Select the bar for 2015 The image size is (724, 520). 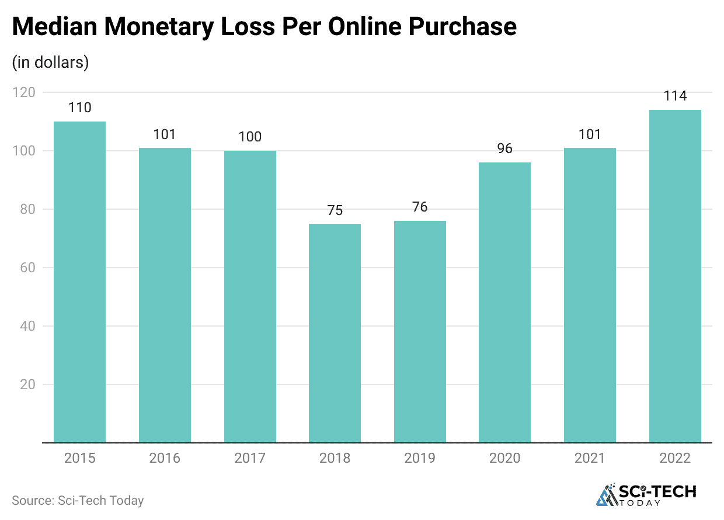[79, 282]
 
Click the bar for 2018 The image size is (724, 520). [335, 333]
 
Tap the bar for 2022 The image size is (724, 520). [675, 276]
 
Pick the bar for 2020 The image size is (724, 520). [504, 302]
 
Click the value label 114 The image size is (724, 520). [675, 96]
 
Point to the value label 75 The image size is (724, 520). [335, 210]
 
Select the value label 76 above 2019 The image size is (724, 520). [420, 207]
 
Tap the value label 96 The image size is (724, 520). [504, 148]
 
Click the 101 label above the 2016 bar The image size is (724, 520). [165, 134]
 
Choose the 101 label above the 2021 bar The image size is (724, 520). [590, 134]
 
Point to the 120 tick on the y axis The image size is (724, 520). [24, 92]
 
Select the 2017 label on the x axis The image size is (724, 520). [250, 458]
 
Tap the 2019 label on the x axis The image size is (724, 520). [420, 458]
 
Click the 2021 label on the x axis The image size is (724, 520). [590, 458]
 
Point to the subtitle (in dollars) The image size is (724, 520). [50, 63]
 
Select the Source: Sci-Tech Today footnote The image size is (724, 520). [78, 500]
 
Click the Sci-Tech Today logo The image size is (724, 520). [646, 495]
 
